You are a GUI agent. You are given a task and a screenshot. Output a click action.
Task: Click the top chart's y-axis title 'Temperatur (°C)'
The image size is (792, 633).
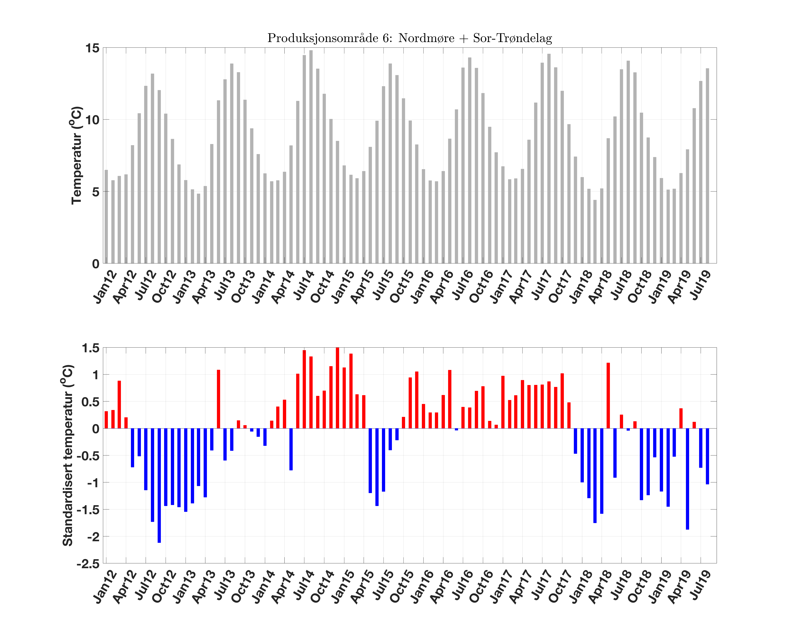tap(76, 155)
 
